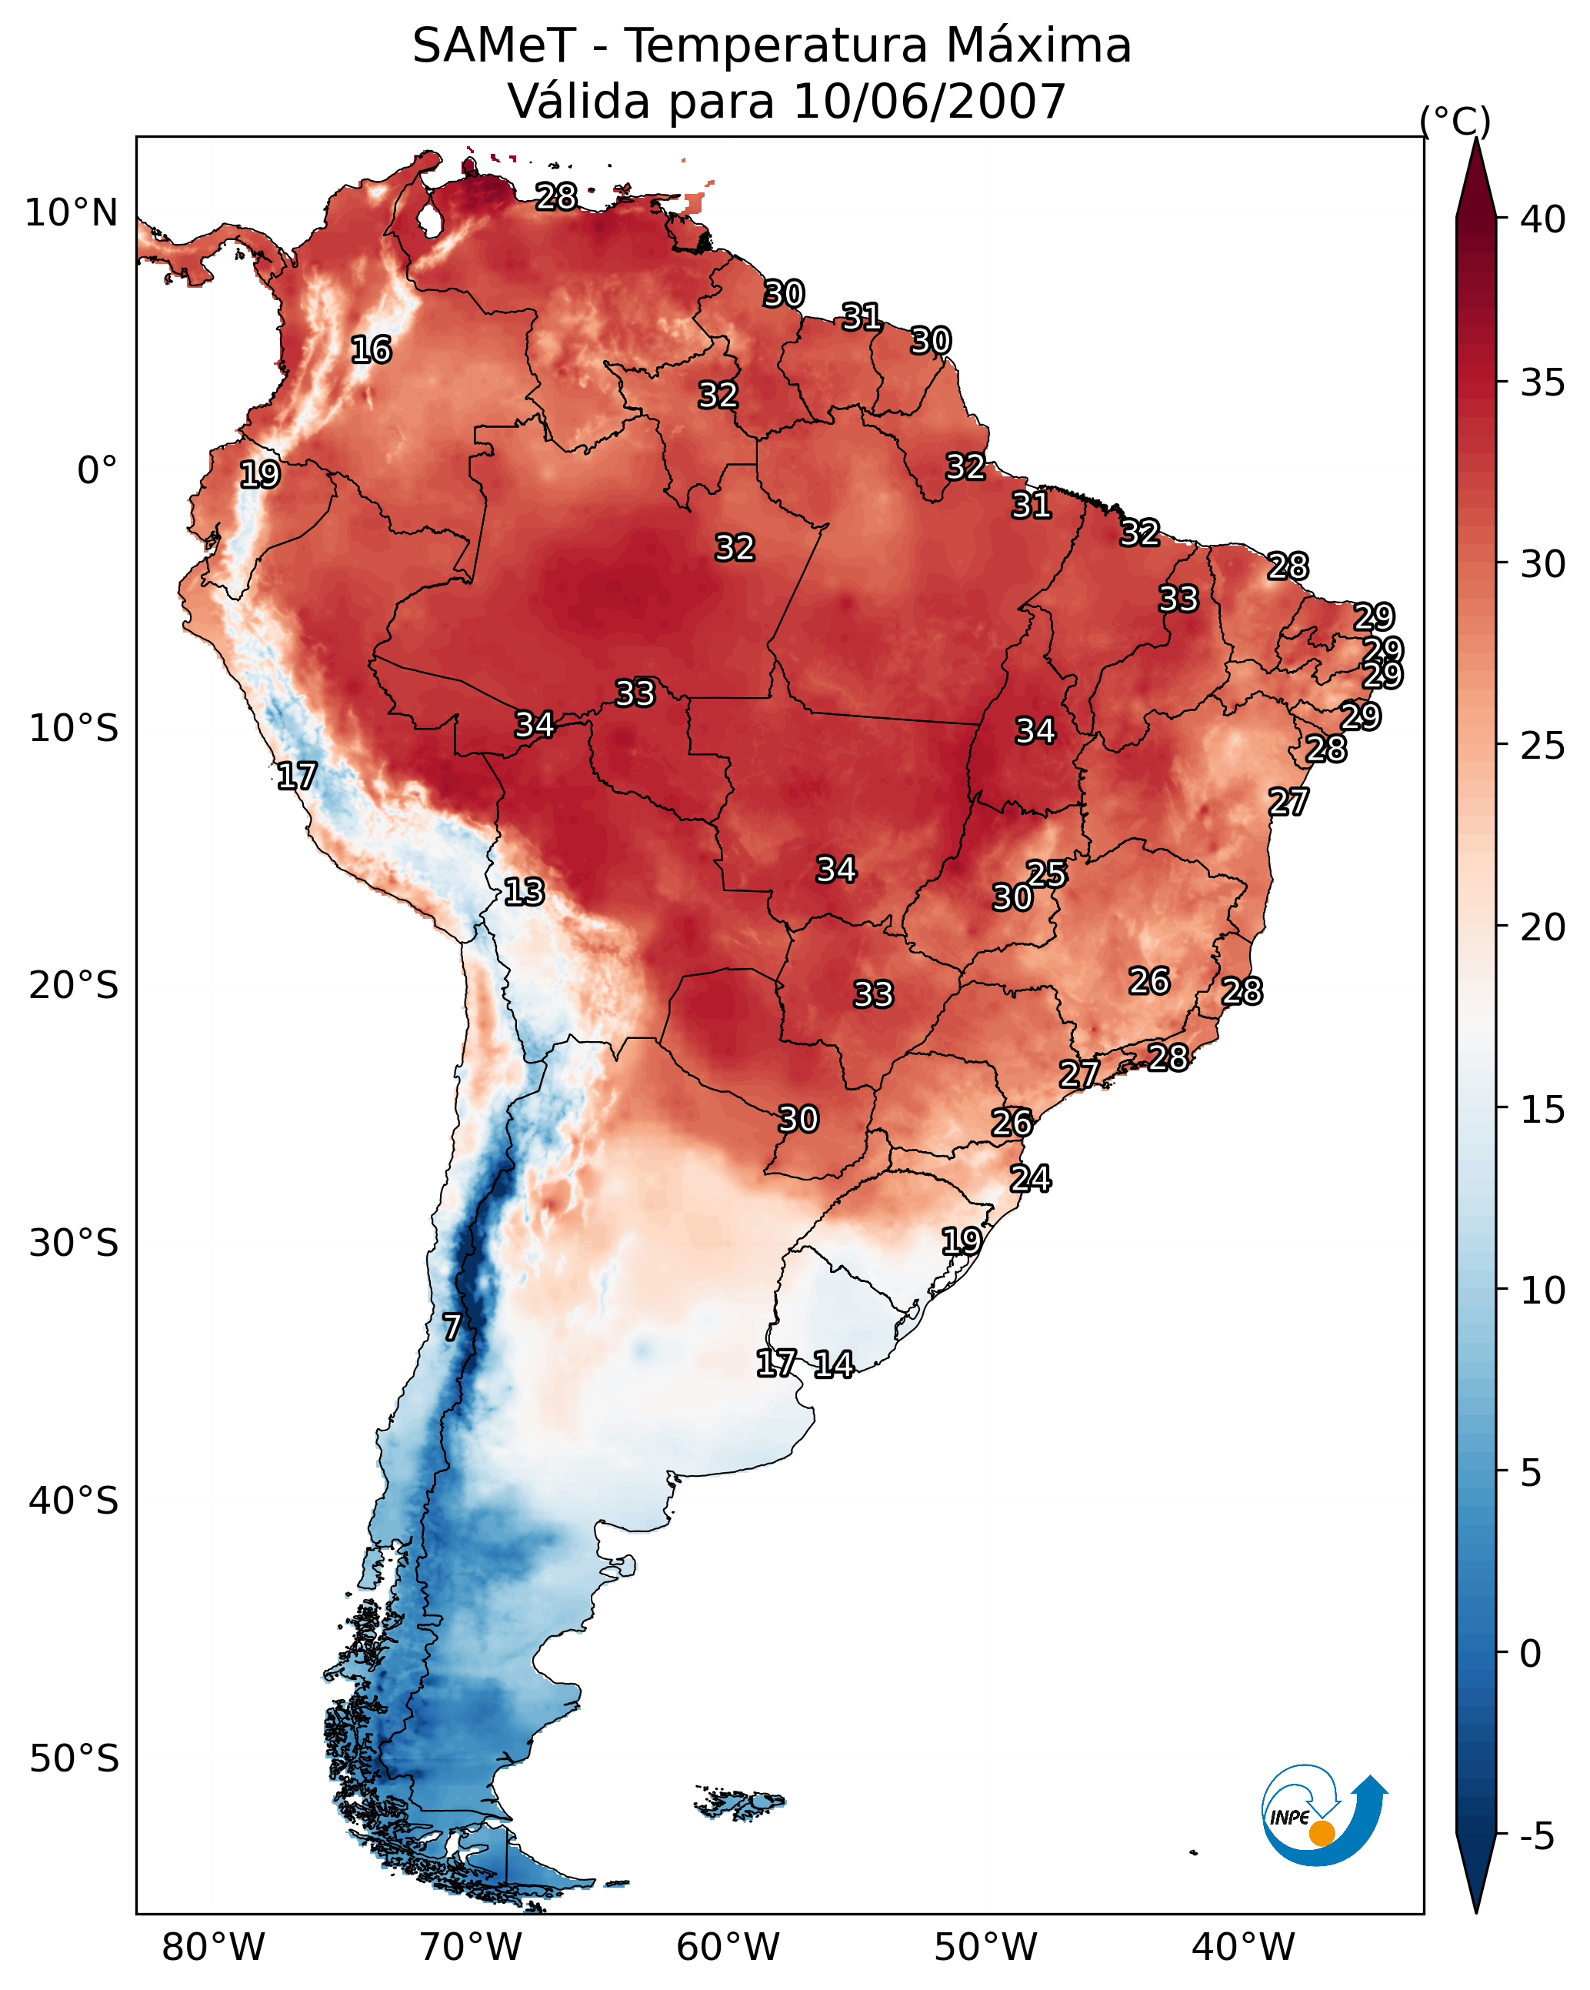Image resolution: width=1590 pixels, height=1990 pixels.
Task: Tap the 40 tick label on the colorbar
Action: coord(1543,219)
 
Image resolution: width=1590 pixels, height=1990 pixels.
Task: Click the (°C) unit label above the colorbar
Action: coord(1455,120)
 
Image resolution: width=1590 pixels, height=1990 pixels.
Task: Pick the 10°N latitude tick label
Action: coord(71,213)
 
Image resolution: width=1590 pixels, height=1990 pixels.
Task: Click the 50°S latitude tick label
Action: coord(74,1758)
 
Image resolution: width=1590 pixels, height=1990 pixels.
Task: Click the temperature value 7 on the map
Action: coord(452,1327)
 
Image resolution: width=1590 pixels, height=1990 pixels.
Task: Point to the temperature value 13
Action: coord(523,892)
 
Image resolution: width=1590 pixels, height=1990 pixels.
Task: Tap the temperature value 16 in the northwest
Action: coord(371,350)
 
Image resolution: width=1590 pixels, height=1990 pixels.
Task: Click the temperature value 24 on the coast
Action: coord(1030,1179)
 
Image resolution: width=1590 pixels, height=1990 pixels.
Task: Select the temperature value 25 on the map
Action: coord(1046,873)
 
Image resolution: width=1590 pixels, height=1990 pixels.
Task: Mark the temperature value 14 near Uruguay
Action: coord(833,1364)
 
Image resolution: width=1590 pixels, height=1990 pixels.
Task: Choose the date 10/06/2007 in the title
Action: coord(929,102)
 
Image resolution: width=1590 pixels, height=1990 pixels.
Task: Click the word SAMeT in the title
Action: coord(494,46)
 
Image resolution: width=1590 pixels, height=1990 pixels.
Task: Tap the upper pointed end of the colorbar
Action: coord(1475,139)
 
